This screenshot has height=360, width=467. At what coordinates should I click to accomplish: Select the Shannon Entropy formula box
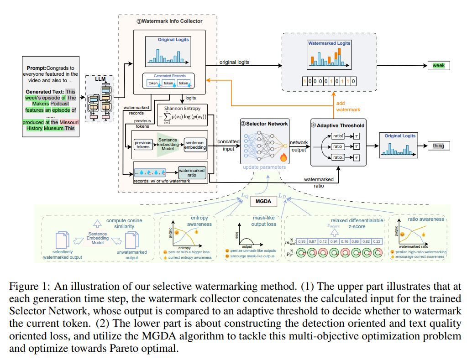(x=182, y=115)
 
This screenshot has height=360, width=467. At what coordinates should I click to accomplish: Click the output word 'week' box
(x=438, y=66)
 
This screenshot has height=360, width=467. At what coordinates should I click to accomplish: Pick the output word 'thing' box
(x=438, y=146)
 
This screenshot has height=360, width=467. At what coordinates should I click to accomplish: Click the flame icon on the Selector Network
(x=283, y=158)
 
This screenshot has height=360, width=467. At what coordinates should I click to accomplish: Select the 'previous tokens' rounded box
(x=143, y=145)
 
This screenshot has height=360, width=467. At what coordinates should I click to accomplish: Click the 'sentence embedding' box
(x=195, y=145)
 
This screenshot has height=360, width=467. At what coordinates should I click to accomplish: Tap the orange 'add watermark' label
(x=348, y=106)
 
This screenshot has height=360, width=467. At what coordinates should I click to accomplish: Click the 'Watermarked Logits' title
(x=329, y=43)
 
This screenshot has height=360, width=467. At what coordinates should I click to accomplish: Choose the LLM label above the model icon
(x=100, y=79)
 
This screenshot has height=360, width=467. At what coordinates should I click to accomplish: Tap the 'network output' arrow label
(x=299, y=146)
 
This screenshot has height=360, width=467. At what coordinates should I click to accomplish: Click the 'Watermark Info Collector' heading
(x=167, y=21)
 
